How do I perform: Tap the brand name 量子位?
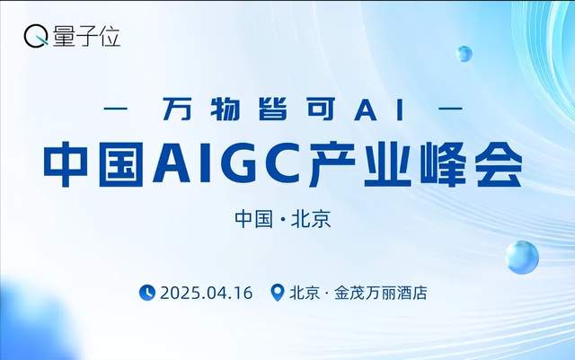pyautogui.click(x=85, y=37)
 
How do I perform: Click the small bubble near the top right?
pyautogui.click(x=464, y=53)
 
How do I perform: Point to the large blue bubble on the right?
pyautogui.click(x=520, y=256)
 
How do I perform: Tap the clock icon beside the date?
pyautogui.click(x=147, y=293)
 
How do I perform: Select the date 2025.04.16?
pyautogui.click(x=206, y=293)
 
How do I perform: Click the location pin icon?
pyautogui.click(x=278, y=293)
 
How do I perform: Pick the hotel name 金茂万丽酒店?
pyautogui.click(x=379, y=293)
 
